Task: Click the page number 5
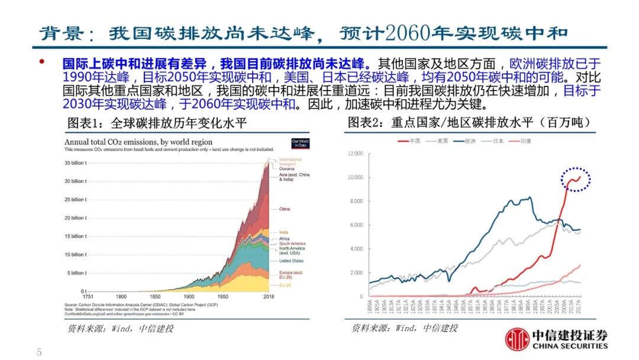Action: [39, 352]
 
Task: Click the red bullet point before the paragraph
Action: [42, 62]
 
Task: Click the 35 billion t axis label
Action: [75, 163]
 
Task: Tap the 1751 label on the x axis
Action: [88, 296]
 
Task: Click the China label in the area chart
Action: [284, 209]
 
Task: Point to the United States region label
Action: [291, 261]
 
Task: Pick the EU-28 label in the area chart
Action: [285, 285]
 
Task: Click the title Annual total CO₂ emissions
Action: [146, 142]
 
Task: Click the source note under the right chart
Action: [405, 328]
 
